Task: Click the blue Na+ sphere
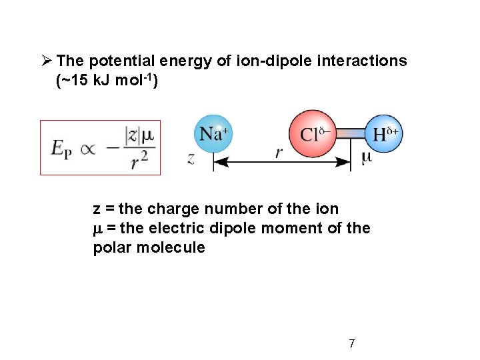[x=213, y=134]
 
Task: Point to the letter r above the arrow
[x=280, y=153]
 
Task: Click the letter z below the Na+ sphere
[x=191, y=160]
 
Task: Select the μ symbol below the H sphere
[x=366, y=158]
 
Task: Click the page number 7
[x=351, y=344]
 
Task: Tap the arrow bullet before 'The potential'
[x=45, y=61]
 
